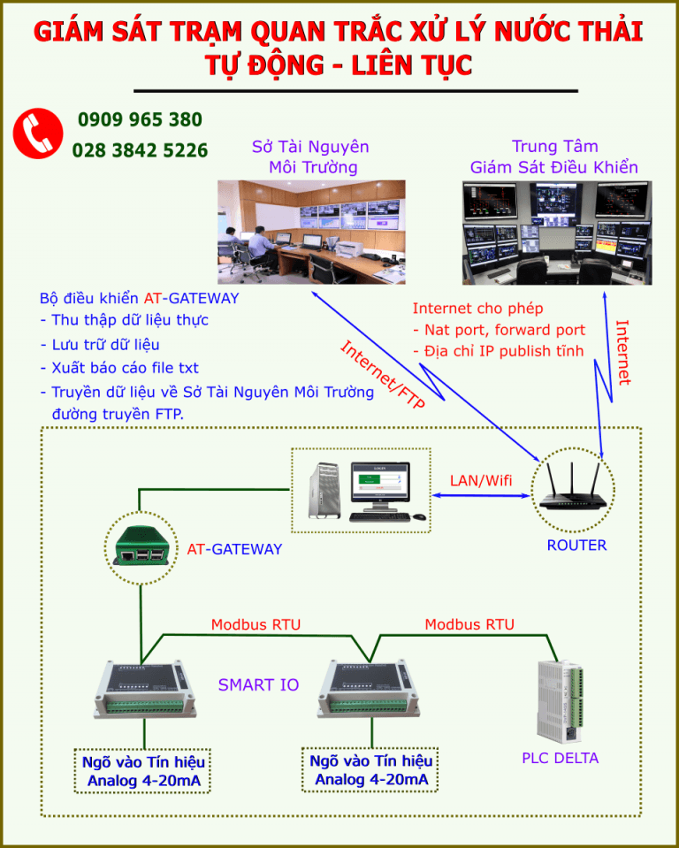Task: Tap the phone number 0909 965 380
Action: point(140,119)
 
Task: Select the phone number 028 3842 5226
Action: point(140,150)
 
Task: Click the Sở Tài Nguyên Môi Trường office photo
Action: point(311,232)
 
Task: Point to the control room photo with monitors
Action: point(556,232)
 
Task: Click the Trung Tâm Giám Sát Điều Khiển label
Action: point(554,157)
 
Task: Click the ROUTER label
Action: point(576,546)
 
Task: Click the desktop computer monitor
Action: point(379,489)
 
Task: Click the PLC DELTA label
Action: point(560,758)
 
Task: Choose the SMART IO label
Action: point(258,684)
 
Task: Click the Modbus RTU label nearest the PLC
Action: point(469,624)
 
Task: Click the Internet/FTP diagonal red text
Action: point(382,375)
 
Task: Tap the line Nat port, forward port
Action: point(499,330)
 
